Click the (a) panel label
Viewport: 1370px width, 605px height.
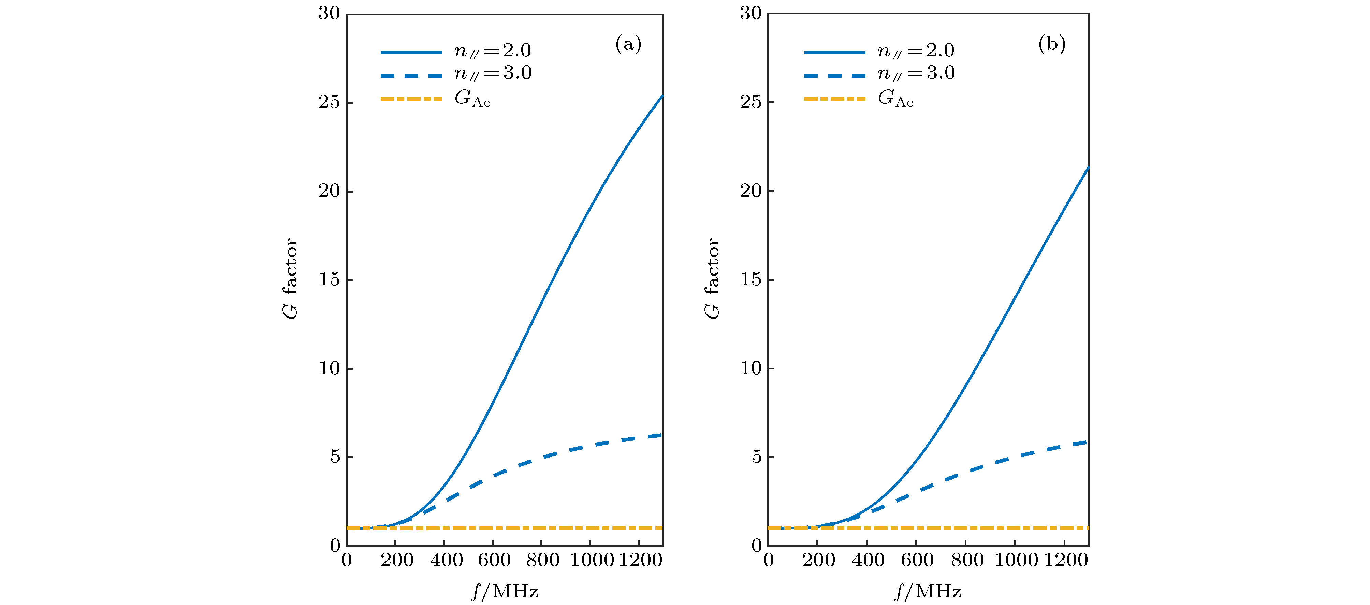click(628, 44)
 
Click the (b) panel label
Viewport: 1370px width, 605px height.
click(1051, 44)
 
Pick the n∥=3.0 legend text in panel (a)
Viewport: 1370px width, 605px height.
click(493, 73)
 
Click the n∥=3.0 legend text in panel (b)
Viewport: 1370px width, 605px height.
click(916, 73)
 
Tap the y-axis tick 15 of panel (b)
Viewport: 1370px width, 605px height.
click(750, 280)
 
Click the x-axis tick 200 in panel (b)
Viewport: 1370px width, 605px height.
click(818, 560)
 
